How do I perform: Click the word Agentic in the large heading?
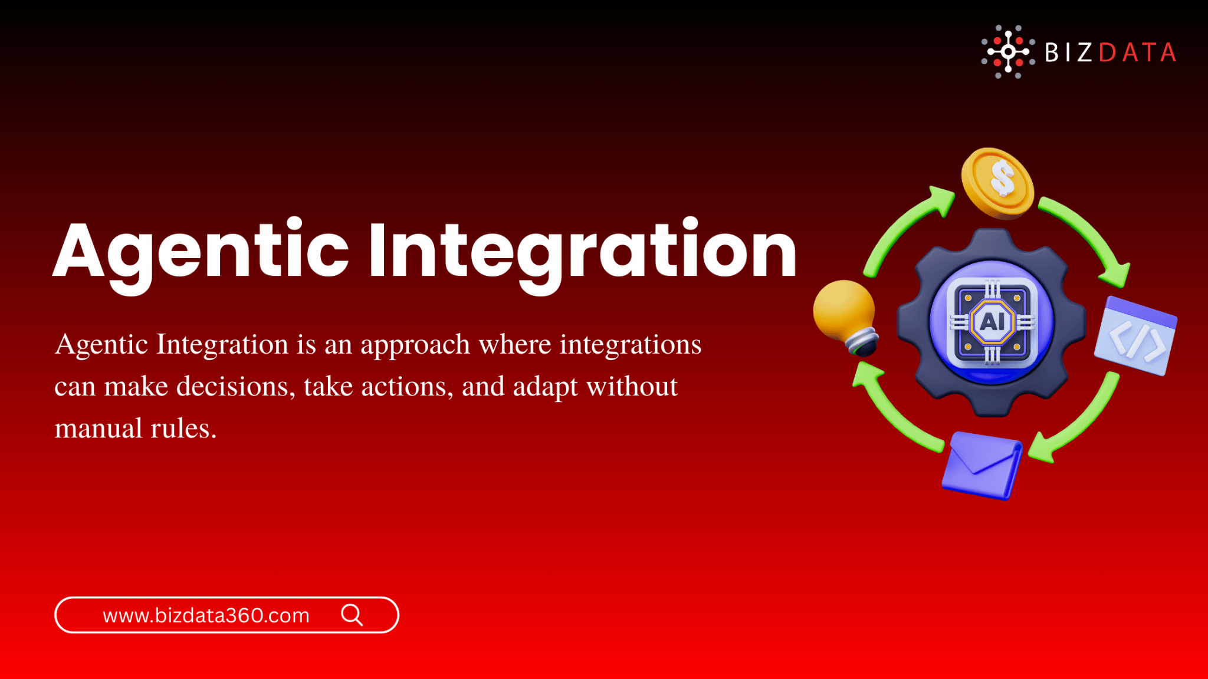click(x=201, y=250)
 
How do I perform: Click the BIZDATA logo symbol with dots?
click(x=1008, y=52)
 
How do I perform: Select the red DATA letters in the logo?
click(x=1138, y=52)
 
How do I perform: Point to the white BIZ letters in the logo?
click(x=1068, y=52)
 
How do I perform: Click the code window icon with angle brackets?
click(x=1136, y=337)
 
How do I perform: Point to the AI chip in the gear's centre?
click(x=992, y=322)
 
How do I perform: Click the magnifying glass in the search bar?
click(x=352, y=615)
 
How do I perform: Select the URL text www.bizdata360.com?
click(x=206, y=615)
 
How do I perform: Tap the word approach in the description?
click(x=415, y=345)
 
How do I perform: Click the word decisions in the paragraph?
click(x=232, y=387)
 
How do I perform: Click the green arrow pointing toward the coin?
click(x=902, y=230)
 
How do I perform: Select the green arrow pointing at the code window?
click(x=1089, y=236)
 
